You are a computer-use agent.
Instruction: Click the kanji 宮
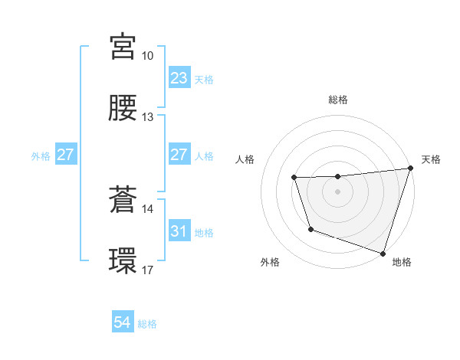tap(124, 47)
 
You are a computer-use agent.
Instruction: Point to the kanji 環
tap(124, 260)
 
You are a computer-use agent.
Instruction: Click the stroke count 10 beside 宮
tap(148, 56)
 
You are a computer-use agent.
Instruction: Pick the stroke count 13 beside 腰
tap(148, 117)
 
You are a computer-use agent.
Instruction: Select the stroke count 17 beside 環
tap(148, 270)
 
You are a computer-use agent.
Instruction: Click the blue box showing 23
tap(179, 78)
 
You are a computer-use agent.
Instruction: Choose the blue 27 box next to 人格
tap(179, 155)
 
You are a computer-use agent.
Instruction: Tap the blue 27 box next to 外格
tap(65, 155)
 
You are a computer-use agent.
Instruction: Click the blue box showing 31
tap(179, 231)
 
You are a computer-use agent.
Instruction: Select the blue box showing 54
tap(122, 323)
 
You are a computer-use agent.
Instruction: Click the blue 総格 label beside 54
tap(148, 324)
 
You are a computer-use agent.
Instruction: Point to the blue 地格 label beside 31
tap(204, 232)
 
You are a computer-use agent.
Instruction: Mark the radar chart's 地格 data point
tap(383, 252)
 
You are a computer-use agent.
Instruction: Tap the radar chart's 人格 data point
tap(294, 178)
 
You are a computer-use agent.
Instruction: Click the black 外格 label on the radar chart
tap(270, 262)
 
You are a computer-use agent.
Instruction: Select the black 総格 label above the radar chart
tap(337, 100)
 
